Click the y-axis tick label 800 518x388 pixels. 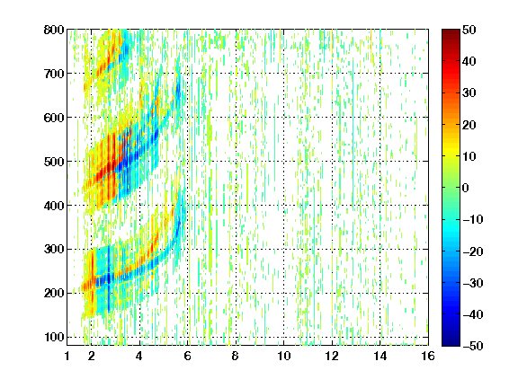click(54, 30)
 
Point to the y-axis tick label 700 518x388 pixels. click(54, 74)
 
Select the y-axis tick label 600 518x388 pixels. click(54, 118)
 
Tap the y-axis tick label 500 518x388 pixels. click(54, 162)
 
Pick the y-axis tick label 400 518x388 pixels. click(54, 206)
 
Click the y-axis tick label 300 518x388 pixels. click(54, 250)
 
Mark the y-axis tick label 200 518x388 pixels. click(54, 293)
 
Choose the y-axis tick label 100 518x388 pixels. click(54, 337)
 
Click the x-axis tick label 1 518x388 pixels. click(67, 356)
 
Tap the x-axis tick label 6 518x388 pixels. click(187, 356)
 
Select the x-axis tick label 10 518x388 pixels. click(284, 356)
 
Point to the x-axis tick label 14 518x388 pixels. click(380, 356)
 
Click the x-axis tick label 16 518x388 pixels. click(428, 356)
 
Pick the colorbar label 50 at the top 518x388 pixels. click(469, 30)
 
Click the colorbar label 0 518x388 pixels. click(466, 188)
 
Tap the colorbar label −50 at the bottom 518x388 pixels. click(473, 346)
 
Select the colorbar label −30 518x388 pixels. click(473, 283)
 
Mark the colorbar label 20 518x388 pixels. click(469, 125)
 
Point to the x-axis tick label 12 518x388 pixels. click(332, 356)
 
